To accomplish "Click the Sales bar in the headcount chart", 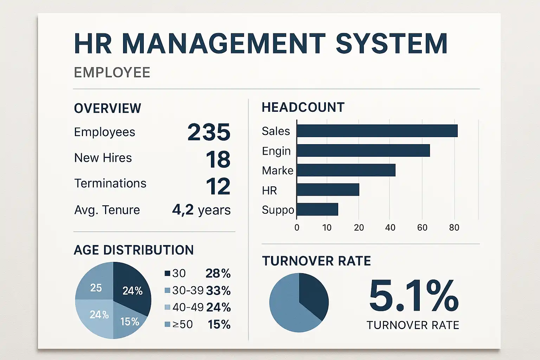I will coord(377,131).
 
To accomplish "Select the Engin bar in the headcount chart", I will coord(363,150).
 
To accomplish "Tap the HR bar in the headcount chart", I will coord(328,190).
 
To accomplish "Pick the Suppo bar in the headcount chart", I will coord(317,210).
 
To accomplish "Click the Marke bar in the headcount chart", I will coord(346,170).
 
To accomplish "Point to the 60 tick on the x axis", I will coord(422,227).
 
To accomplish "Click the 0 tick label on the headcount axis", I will coord(297,227).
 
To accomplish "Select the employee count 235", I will coord(209,132).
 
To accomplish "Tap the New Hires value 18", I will coord(218,159).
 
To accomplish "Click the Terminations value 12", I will coord(218,186).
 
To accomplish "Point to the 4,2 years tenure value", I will coord(201,210).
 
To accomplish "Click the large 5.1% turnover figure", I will coord(413,296).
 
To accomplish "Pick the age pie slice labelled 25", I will coord(96,285).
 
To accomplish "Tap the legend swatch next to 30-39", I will coord(167,290).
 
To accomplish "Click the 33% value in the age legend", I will coord(218,291).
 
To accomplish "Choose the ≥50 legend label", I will coord(182,324).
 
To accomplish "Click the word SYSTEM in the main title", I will coord(391,44).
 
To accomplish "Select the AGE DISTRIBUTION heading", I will coord(134,250).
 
